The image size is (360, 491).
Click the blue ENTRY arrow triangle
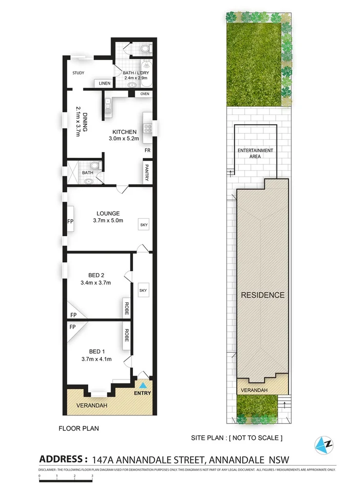click(143, 386)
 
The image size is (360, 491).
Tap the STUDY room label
click(78, 73)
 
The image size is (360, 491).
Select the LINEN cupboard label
click(105, 83)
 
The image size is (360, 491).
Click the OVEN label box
click(145, 94)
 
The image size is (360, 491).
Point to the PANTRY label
click(146, 173)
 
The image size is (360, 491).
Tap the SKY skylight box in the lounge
click(144, 225)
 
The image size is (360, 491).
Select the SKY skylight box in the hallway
click(143, 290)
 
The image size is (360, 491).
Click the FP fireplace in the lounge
click(70, 222)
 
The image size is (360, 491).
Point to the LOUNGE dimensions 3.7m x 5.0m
click(108, 221)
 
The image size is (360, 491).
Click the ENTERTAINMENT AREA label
click(255, 153)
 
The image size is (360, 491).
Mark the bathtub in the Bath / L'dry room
click(145, 68)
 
